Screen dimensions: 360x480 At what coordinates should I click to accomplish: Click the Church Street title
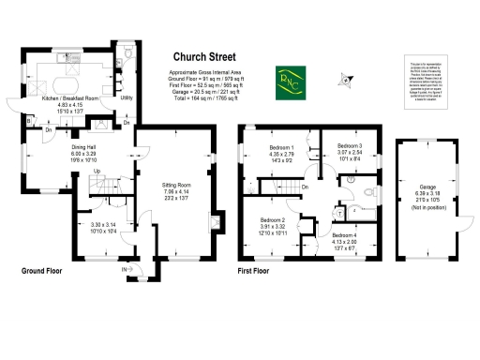pyautogui.click(x=209, y=56)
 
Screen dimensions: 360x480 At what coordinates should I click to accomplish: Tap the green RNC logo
pyautogui.click(x=287, y=79)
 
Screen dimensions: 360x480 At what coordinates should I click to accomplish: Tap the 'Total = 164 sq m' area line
pyautogui.click(x=209, y=97)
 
